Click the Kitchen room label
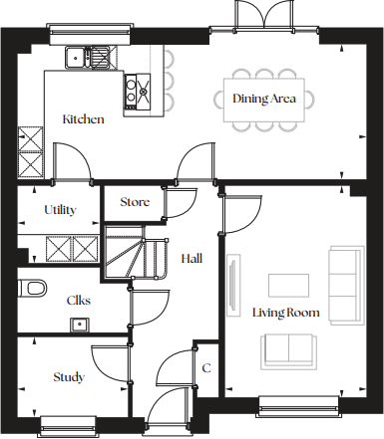(x=83, y=119)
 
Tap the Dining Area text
(x=264, y=99)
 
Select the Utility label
(x=61, y=211)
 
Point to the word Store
(x=135, y=202)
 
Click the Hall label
(x=192, y=259)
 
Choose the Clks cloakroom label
(x=79, y=299)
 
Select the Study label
(x=69, y=377)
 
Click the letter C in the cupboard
(x=206, y=368)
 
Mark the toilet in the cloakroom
(x=33, y=288)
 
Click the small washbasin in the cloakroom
(x=78, y=323)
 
